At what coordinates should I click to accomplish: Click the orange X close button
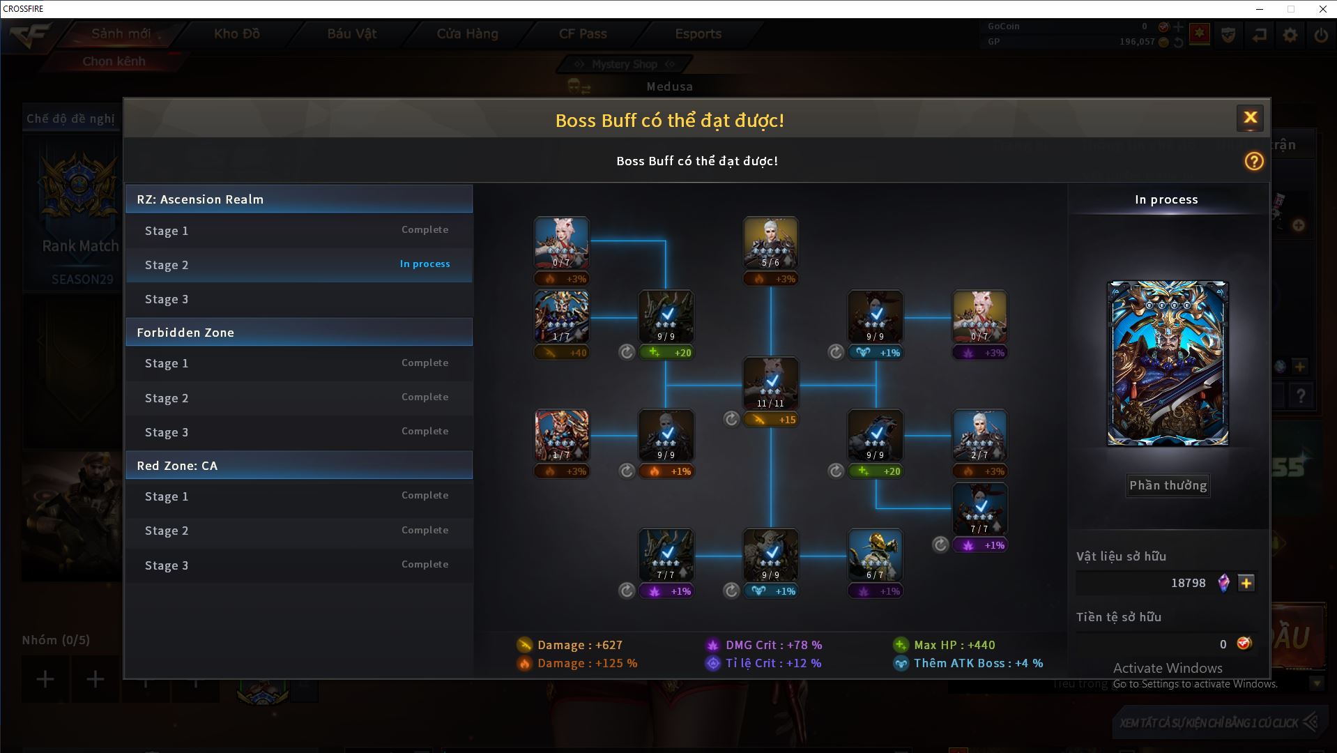coord(1250,118)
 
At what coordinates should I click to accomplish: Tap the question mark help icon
coord(1253,162)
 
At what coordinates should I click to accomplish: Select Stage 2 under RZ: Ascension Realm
coord(298,265)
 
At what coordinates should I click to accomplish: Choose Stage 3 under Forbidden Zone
coord(298,432)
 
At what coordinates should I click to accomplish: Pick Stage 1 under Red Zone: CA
coord(298,496)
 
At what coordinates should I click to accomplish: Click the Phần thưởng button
coord(1168,485)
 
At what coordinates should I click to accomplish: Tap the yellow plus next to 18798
coord(1246,583)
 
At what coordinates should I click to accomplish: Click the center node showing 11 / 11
coord(770,383)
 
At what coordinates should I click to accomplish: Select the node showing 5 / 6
coord(770,243)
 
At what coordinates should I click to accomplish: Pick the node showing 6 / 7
coord(875,554)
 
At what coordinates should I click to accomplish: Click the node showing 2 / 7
coord(979,435)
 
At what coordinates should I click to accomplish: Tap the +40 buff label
coord(562,353)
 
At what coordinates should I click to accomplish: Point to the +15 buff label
coord(771,420)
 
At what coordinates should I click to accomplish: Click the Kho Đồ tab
coord(237,33)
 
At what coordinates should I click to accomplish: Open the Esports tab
coord(698,33)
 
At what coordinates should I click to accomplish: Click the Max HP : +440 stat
coord(945,645)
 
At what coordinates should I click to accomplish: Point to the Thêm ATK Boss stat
coord(969,663)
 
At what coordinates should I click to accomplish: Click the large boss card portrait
coord(1168,363)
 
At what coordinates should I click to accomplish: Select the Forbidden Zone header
coord(298,333)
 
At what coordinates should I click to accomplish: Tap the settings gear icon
coord(1290,35)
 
